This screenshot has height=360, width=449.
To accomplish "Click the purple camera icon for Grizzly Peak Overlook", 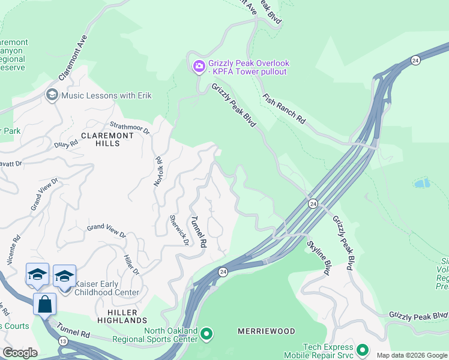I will click(x=199, y=67).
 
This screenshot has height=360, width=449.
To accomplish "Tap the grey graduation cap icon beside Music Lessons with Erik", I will click(x=52, y=95).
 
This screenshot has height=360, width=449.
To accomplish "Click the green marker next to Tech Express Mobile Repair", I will click(x=362, y=349).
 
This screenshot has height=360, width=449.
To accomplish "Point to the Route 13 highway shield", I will click(x=46, y=341).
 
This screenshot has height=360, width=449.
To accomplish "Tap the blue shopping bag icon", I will click(x=45, y=304).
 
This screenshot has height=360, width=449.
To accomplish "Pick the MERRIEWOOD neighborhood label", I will click(x=267, y=331).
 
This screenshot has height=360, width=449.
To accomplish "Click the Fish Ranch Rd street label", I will click(x=284, y=109).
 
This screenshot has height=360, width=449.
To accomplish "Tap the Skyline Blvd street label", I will click(x=319, y=258).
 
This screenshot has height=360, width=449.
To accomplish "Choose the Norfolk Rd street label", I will click(x=158, y=171).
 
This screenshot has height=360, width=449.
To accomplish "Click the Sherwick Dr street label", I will click(x=179, y=231).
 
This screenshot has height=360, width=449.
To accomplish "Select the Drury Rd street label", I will click(x=65, y=143).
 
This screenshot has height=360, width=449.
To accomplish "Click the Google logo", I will click(x=20, y=353).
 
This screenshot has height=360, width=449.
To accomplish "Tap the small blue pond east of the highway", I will click(x=422, y=183).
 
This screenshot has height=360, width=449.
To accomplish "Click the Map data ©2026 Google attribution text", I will click(x=412, y=355).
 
